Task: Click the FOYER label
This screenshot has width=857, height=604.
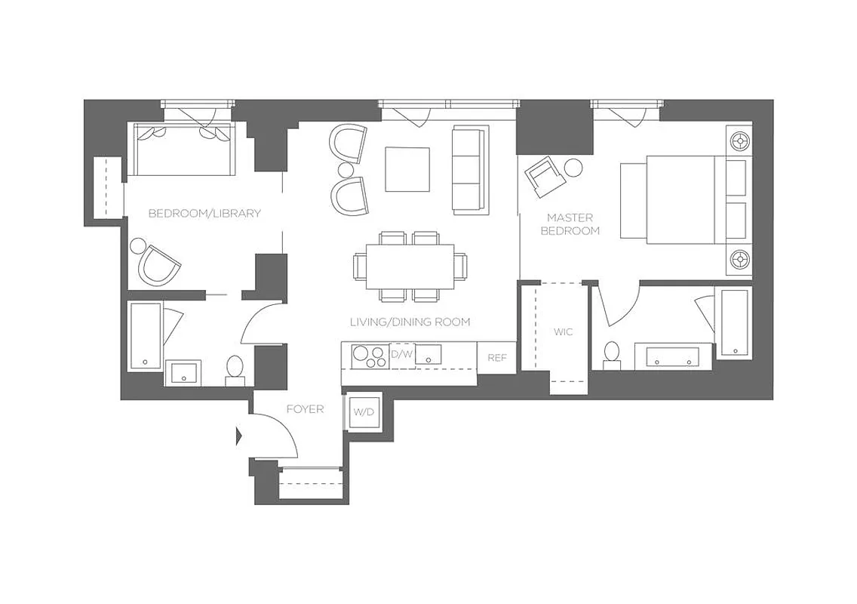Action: click(x=305, y=409)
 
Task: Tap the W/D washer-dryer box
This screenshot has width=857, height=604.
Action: click(x=364, y=412)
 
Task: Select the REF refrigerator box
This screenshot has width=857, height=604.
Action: click(x=496, y=358)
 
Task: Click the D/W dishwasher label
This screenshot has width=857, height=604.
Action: click(x=400, y=353)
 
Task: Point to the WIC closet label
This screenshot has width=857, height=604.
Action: click(x=562, y=331)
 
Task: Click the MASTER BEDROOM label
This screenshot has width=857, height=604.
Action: click(x=570, y=224)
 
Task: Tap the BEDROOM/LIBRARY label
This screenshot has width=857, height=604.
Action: click(x=204, y=213)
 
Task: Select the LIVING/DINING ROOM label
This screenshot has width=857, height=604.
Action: click(x=410, y=322)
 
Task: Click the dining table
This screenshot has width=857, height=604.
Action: click(x=410, y=267)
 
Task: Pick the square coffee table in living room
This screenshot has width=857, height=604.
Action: click(x=407, y=169)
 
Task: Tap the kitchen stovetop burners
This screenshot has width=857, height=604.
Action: click(x=366, y=356)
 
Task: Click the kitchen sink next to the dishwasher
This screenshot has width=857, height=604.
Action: click(x=428, y=353)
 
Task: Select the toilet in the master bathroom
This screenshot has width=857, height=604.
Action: click(x=612, y=355)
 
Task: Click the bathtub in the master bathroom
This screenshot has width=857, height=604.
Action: click(x=733, y=322)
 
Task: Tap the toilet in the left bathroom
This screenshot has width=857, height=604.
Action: click(x=235, y=368)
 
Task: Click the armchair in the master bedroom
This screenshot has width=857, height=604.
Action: click(x=545, y=176)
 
